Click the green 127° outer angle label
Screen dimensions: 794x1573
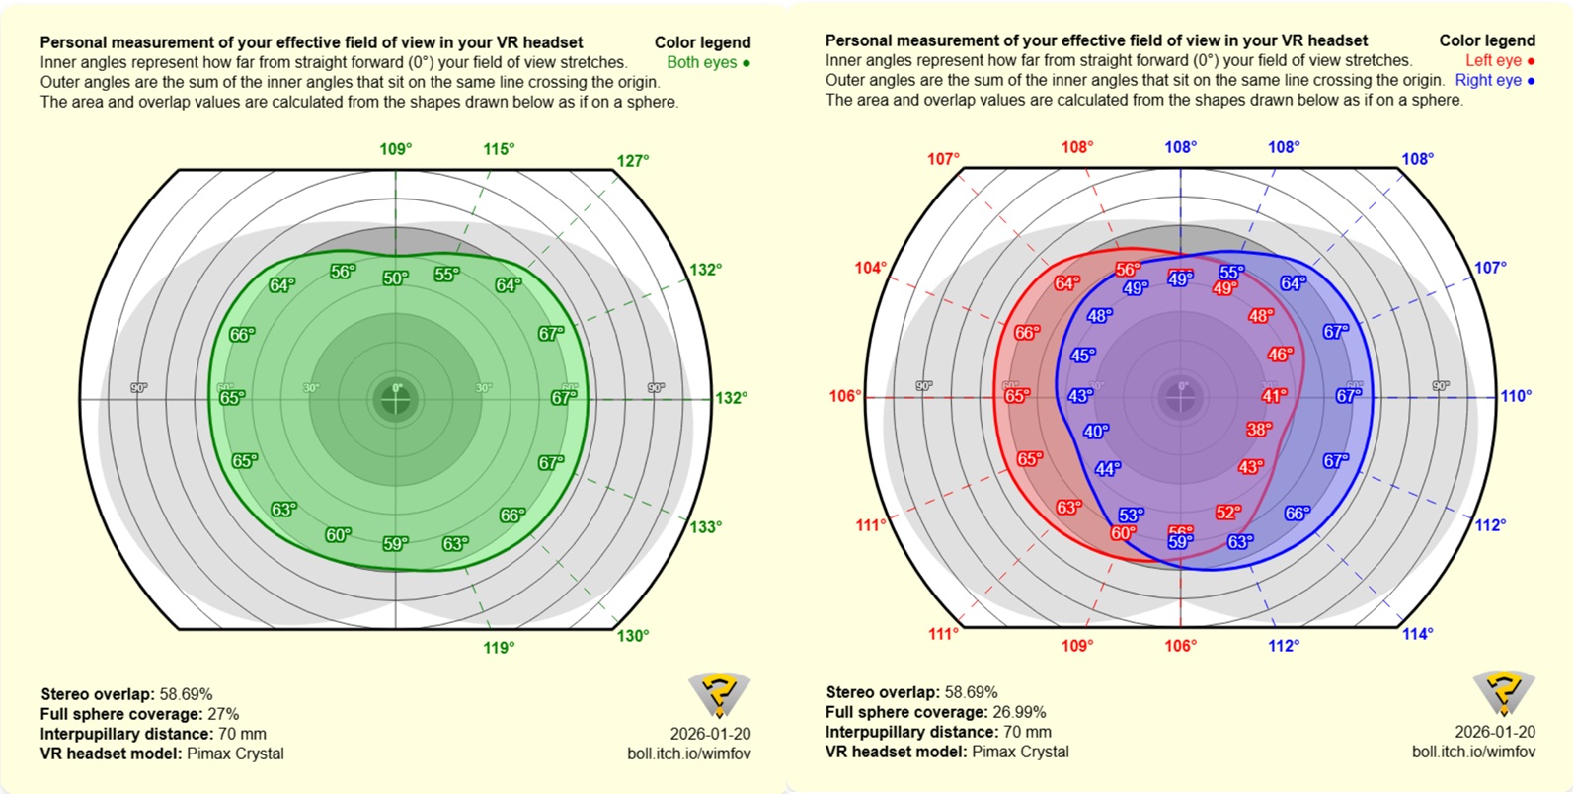[633, 161]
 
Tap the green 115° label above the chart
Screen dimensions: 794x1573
[499, 149]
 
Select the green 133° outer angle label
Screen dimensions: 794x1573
[705, 527]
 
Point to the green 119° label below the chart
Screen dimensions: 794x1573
[499, 648]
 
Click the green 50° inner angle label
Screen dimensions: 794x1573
[395, 278]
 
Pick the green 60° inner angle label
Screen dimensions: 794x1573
[338, 535]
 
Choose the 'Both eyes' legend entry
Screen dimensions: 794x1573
[707, 62]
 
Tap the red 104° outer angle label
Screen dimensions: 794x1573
[870, 268]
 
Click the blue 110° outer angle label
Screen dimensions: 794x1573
[1516, 396]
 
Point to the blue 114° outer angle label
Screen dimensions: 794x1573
[1417, 634]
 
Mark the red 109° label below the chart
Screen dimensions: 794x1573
[1077, 646]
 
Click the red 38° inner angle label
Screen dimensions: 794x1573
[1259, 430]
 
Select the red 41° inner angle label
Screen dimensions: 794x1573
[1274, 396]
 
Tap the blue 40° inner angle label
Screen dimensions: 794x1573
[1096, 432]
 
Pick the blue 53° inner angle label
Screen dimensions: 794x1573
[1131, 516]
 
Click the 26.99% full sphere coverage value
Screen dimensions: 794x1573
[1018, 712]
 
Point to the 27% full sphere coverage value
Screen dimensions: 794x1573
[222, 714]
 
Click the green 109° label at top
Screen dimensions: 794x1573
[396, 149]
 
